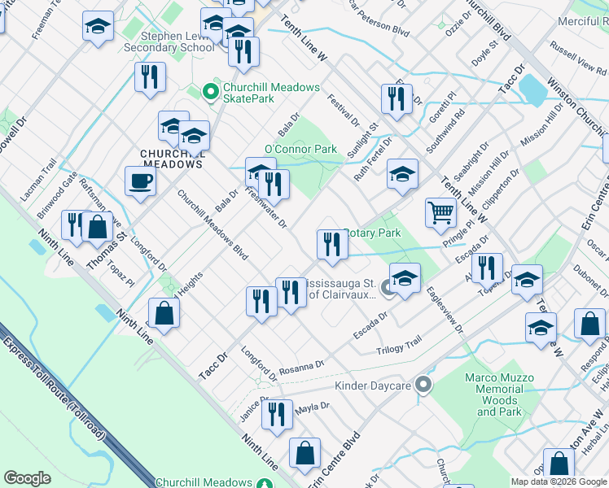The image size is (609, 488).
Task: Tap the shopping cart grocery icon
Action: click(440, 212)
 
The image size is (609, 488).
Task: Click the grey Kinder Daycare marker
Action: click(422, 384)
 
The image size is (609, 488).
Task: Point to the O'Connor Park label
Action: click(300, 150)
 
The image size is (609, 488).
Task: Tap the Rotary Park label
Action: click(373, 233)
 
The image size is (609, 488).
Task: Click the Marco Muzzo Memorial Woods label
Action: click(499, 395)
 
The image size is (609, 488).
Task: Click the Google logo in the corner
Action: click(27, 477)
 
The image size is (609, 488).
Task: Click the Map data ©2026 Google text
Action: click(559, 481)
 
